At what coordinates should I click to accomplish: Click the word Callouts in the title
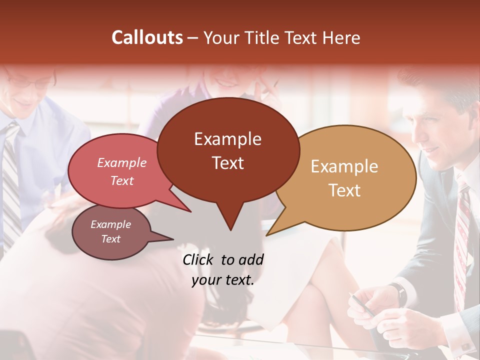coord(147,38)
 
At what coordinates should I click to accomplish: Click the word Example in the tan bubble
coord(344,166)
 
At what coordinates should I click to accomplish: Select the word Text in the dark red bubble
coord(228,163)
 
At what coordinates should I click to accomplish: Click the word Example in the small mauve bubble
coord(110,224)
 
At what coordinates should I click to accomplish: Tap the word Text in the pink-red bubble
coord(122,181)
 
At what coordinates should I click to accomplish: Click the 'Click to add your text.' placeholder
coord(223,270)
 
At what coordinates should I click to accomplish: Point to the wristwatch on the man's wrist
coord(398,294)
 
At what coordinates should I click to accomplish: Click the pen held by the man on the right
coord(363,306)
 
